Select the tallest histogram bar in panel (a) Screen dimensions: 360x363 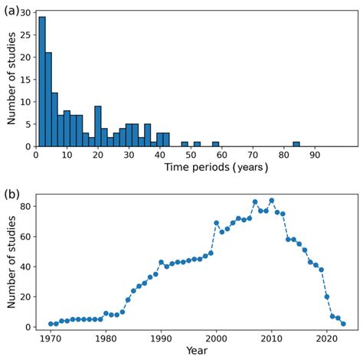coord(41,81)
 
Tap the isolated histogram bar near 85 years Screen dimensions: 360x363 coord(296,144)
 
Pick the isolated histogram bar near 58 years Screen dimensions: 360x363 coord(215,144)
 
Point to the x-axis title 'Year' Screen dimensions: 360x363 coord(196,351)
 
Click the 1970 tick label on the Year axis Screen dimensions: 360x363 coord(51,338)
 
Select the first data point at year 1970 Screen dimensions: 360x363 coord(51,324)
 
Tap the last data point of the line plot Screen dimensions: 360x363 coord(343,324)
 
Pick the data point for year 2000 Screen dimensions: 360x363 coord(216,223)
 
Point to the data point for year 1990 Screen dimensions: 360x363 coord(161,262)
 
